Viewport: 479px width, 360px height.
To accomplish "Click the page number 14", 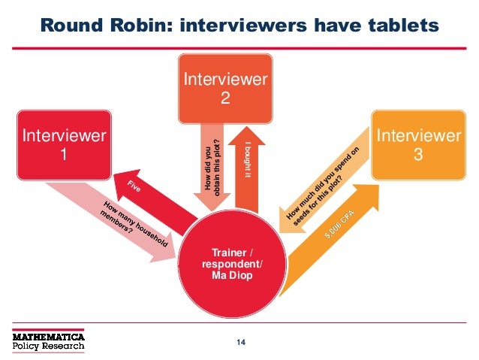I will [240, 343].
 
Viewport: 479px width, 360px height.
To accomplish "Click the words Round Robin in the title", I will [97, 26].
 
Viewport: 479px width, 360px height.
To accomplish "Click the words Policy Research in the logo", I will [47, 348].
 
